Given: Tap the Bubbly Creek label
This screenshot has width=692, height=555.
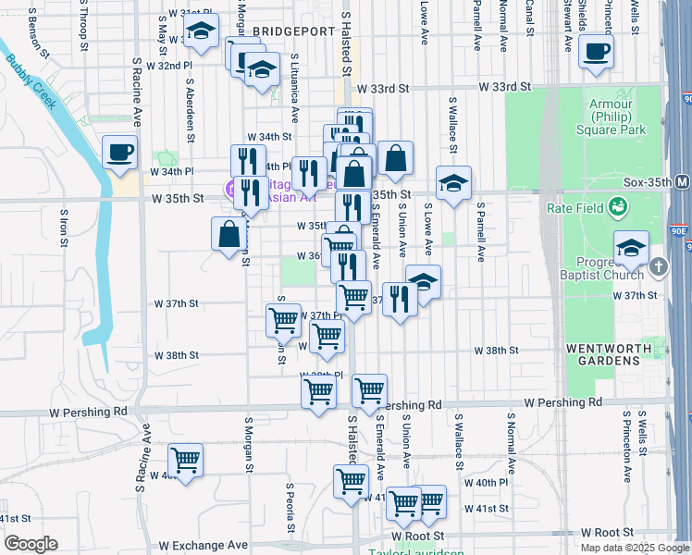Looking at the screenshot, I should (33, 79).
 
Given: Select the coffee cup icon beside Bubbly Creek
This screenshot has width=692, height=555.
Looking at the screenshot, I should (118, 153).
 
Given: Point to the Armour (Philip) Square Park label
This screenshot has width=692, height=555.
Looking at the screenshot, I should (617, 117).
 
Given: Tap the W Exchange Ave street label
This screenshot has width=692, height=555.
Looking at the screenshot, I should (203, 546).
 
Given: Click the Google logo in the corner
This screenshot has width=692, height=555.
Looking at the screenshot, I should (31, 544).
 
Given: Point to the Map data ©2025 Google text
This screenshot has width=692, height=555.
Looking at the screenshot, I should (634, 548).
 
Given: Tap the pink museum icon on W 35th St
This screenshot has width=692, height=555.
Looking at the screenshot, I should (229, 190).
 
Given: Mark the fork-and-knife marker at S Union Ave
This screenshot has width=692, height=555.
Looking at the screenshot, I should (400, 298).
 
